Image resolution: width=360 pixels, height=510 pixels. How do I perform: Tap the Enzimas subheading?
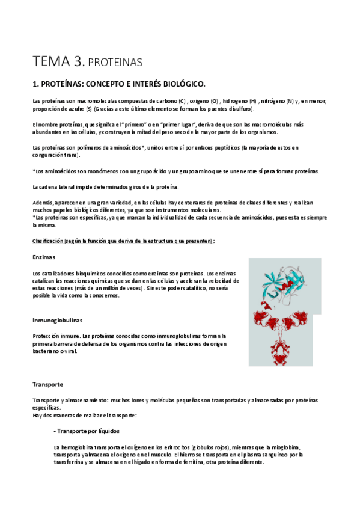click(44, 257)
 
